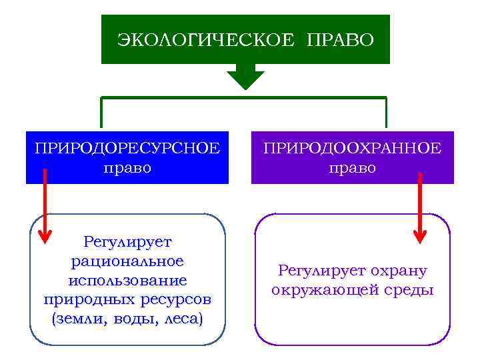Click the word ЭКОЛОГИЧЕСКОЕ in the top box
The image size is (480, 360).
tap(205, 40)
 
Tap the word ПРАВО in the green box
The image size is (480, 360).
tap(340, 40)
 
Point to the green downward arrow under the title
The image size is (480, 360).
tap(245, 79)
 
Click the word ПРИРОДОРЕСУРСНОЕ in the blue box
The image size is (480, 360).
tap(127, 148)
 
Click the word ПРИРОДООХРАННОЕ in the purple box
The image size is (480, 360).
tap(352, 148)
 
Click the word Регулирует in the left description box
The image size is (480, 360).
tap(127, 241)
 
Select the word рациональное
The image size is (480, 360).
tap(127, 260)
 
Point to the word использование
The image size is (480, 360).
tap(127, 279)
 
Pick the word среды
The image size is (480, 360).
tap(409, 291)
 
